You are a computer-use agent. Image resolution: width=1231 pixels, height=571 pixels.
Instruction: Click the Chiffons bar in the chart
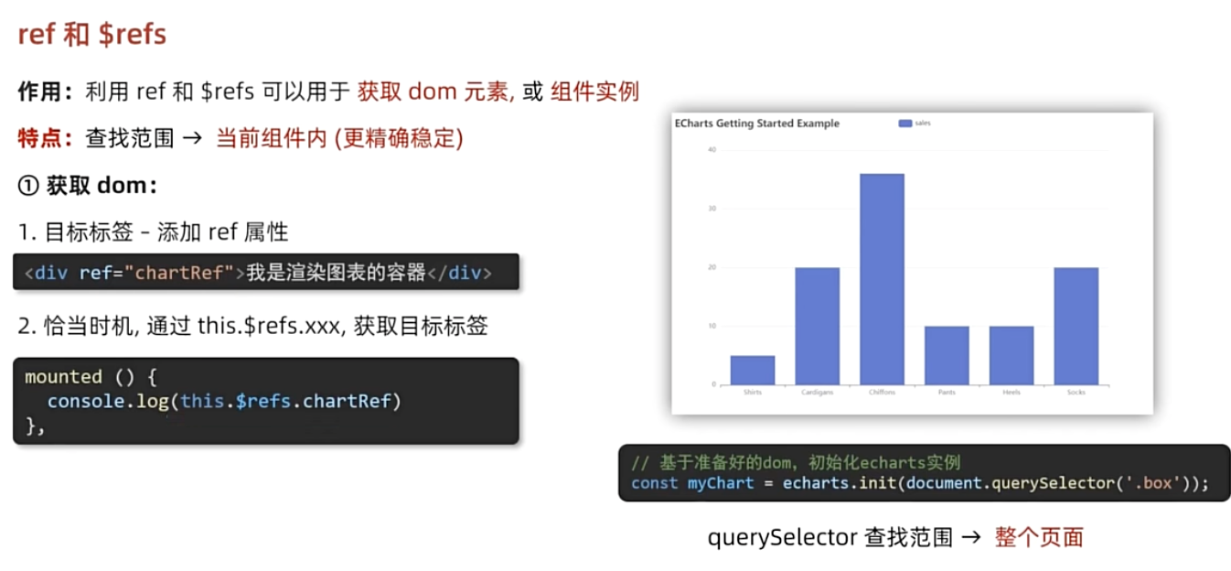882,279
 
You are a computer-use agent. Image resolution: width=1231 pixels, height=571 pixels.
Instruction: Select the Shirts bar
752,370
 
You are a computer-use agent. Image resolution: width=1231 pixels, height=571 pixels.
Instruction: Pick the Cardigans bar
817,326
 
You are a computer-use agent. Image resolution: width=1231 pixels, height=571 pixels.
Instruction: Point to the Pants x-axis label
947,393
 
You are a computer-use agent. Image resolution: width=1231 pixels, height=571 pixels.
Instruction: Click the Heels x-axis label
1011,393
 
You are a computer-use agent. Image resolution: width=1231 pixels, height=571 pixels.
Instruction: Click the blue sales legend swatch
905,124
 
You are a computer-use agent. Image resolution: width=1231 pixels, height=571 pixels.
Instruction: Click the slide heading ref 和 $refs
91,35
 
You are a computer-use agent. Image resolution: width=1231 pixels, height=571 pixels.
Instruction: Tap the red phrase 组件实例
594,92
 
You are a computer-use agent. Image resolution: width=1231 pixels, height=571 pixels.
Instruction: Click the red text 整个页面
1039,537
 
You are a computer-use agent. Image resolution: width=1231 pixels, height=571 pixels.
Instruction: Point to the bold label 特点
40,138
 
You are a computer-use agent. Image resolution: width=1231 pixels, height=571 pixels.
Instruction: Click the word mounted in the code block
63,377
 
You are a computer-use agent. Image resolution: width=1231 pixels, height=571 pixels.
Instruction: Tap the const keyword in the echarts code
654,483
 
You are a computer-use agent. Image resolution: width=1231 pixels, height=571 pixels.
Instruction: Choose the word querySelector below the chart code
782,537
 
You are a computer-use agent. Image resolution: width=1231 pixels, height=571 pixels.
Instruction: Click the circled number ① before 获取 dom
28,186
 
